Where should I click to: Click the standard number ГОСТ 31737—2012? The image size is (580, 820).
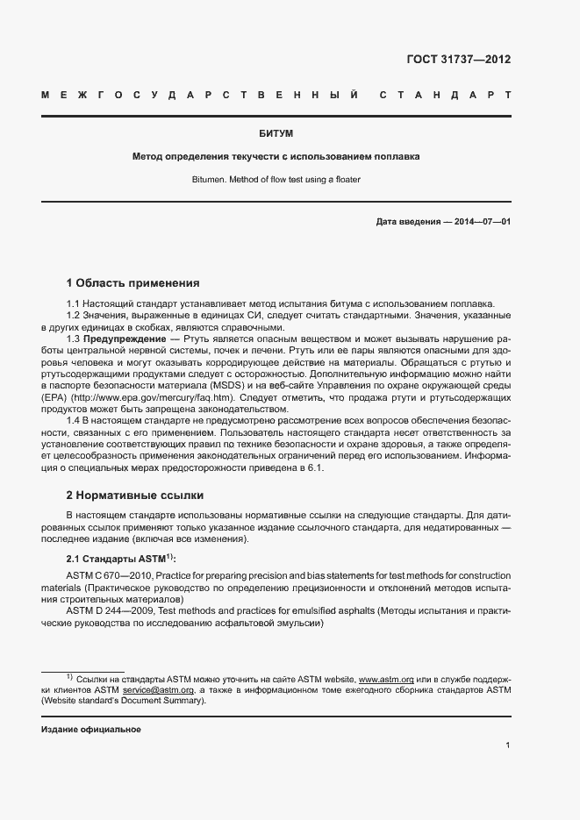click(x=458, y=61)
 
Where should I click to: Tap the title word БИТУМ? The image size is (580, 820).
click(x=276, y=133)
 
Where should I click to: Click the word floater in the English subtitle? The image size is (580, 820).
click(x=344, y=179)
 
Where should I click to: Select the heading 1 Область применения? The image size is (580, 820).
click(x=133, y=283)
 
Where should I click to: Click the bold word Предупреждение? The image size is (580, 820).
click(x=125, y=339)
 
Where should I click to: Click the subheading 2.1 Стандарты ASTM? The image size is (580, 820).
click(x=121, y=559)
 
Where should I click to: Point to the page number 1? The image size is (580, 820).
click(x=508, y=746)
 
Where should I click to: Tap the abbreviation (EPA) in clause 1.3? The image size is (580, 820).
click(x=54, y=397)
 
